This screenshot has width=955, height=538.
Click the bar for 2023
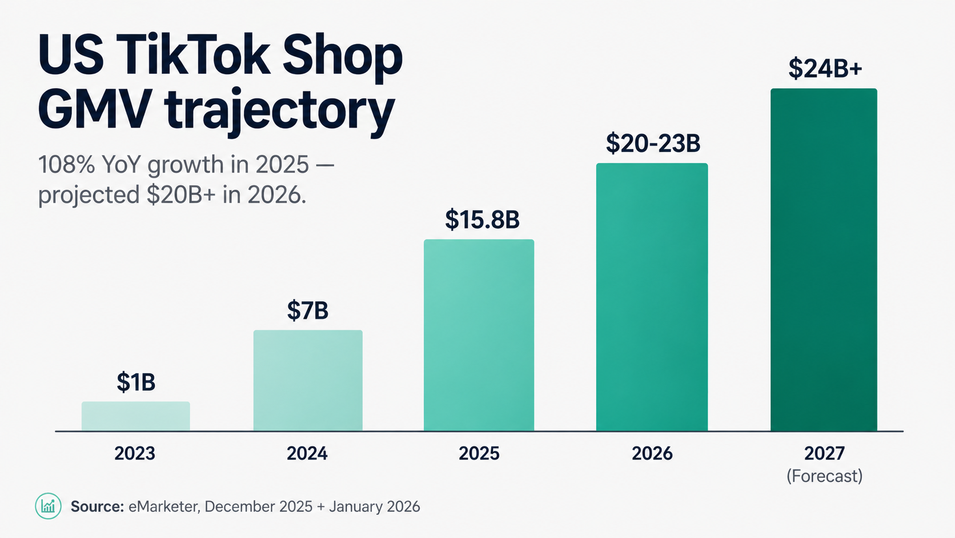coord(136,416)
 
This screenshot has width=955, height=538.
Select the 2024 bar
coord(308,380)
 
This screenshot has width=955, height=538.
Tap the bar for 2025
coord(479,335)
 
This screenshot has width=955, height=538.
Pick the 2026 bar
coord(652,297)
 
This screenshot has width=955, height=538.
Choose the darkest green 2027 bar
coord(824,260)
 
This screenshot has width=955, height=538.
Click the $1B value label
coord(136,382)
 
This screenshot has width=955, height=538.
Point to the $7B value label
coord(307,310)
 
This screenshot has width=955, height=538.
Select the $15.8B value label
coord(482,220)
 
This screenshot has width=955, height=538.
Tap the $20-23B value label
coord(653,143)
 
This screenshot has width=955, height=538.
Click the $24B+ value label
coord(825,68)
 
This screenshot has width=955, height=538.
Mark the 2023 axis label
coord(135,453)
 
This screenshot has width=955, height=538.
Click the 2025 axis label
coord(479,453)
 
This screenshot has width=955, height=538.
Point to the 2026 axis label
coord(652,453)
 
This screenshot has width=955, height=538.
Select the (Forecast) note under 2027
coord(824,476)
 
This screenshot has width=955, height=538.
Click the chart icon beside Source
coord(48,506)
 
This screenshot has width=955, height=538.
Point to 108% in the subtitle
coord(66,165)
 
